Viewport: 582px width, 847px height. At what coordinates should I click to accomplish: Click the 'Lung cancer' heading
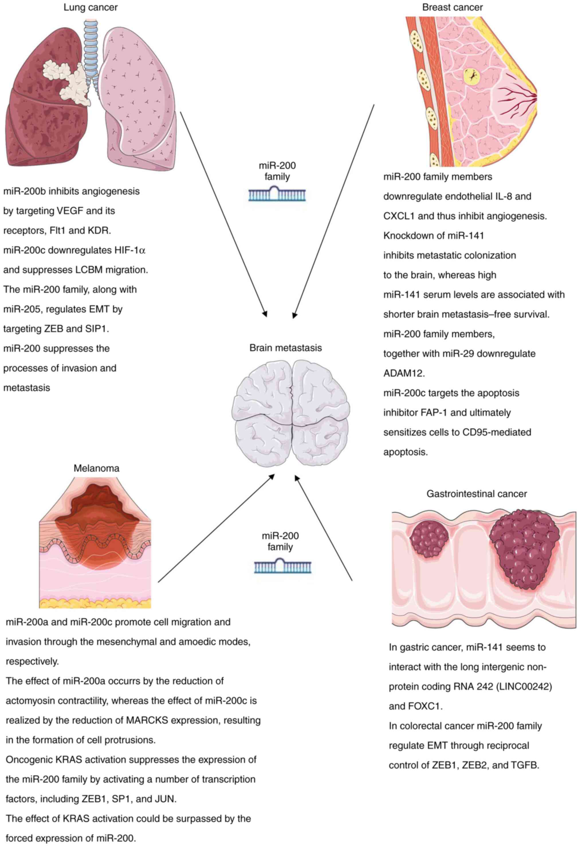click(x=91, y=7)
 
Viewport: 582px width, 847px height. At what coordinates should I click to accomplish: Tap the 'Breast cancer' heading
click(x=452, y=7)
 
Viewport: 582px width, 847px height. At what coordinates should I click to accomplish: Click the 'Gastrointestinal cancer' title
click(x=477, y=494)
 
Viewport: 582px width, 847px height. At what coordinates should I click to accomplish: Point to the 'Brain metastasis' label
click(x=286, y=348)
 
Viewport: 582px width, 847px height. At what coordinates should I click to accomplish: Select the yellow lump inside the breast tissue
click(x=472, y=77)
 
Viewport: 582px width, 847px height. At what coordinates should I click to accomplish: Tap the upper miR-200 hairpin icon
click(x=277, y=193)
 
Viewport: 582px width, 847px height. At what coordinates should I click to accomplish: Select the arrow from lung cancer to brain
click(x=223, y=213)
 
